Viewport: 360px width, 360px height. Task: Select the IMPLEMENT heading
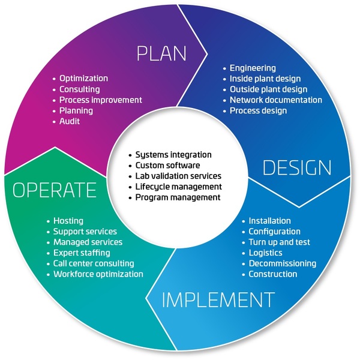[218, 299]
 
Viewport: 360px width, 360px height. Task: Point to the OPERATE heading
[55, 190]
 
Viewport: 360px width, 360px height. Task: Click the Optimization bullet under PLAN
[83, 79]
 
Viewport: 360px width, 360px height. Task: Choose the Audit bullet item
[70, 121]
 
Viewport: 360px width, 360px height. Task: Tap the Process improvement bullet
[100, 100]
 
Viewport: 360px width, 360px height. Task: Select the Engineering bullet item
[253, 68]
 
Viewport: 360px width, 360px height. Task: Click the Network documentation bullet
[275, 100]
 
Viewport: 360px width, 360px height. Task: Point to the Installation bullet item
[269, 221]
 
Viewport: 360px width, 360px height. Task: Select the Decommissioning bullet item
[282, 263]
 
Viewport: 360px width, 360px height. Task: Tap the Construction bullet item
[272, 274]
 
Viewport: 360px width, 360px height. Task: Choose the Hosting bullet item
[68, 221]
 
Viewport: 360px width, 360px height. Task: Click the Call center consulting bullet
[93, 263]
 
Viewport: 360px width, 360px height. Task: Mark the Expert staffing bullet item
[81, 253]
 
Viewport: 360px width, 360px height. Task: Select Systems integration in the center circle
[173, 155]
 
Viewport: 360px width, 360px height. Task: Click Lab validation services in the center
[178, 176]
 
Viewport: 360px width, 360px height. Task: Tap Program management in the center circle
[178, 197]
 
